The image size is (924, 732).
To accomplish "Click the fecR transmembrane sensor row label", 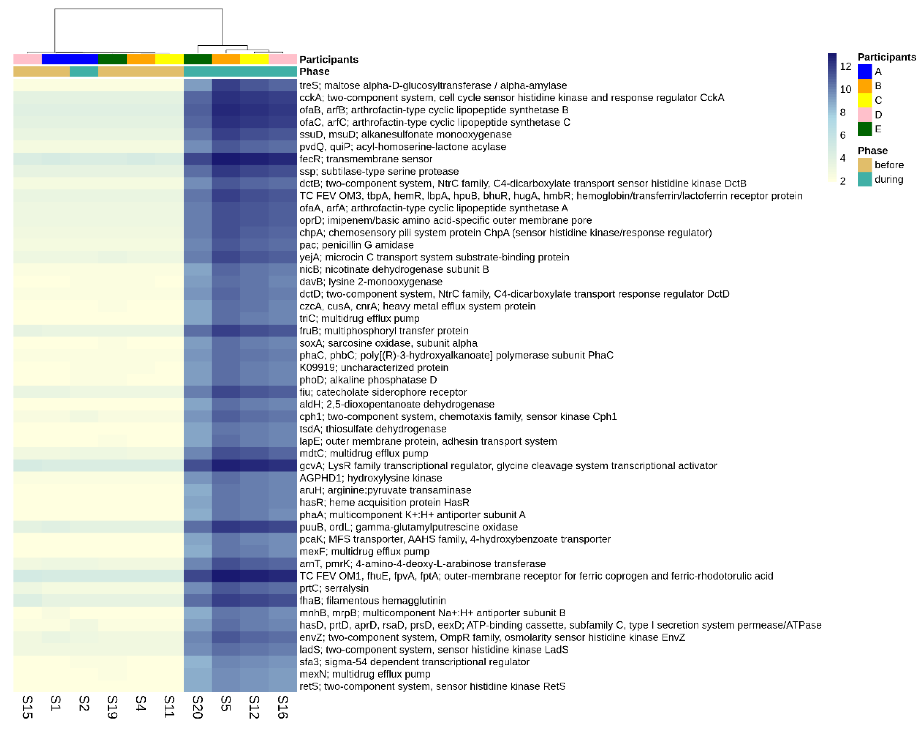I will click(x=366, y=159).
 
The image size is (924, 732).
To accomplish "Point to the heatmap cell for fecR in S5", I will click(x=226, y=159).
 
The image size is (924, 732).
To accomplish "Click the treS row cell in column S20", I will click(x=198, y=85).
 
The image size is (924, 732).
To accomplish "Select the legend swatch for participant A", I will click(x=864, y=72).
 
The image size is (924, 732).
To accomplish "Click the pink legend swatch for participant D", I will click(x=864, y=114).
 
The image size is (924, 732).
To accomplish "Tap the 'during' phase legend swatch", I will click(x=864, y=179).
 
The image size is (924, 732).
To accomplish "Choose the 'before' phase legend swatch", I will click(x=864, y=164).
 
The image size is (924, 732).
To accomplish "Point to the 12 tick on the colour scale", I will click(x=845, y=66).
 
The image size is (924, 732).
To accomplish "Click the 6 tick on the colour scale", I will click(x=842, y=135).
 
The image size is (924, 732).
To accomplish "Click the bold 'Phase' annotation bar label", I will click(x=314, y=72).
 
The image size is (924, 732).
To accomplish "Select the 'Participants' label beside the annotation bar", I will click(x=328, y=59).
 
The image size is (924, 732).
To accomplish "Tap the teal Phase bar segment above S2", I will click(x=84, y=72).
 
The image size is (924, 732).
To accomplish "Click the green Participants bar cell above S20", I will click(x=198, y=59).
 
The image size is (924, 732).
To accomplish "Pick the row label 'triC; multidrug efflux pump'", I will click(x=359, y=318).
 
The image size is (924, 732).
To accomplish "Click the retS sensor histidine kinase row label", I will click(x=432, y=686).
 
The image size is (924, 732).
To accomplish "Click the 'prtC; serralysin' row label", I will click(x=333, y=588).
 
